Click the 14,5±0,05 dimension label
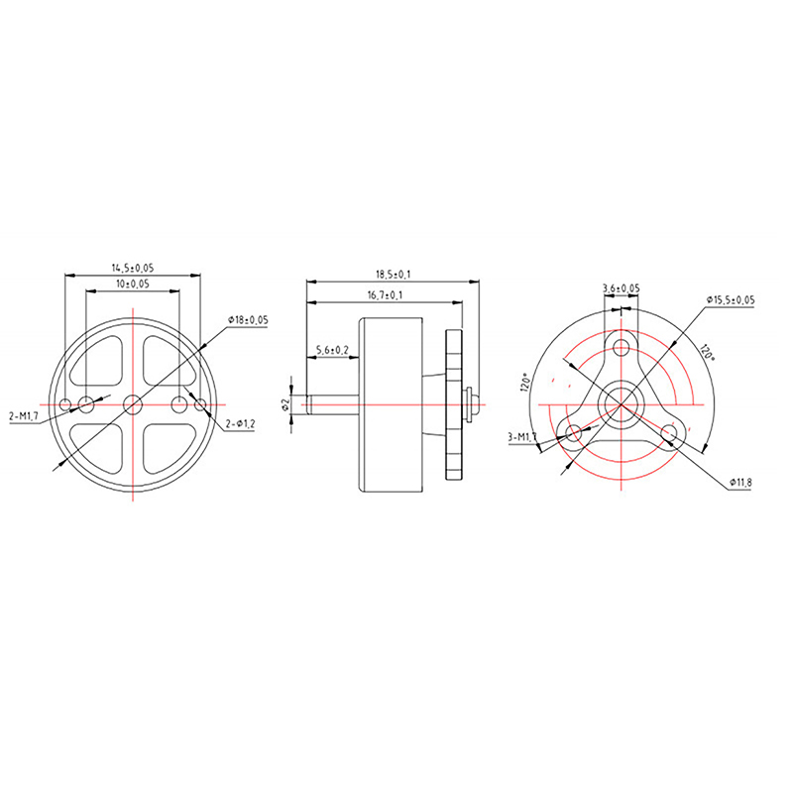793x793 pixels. point(133,268)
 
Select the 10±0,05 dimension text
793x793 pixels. point(133,283)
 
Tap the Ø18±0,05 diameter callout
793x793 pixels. point(248,319)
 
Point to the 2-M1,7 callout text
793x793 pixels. point(24,417)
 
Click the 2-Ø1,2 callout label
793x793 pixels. point(240,424)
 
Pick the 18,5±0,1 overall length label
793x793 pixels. point(393,275)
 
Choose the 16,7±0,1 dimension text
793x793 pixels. point(386,295)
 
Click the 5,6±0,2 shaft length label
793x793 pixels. point(332,350)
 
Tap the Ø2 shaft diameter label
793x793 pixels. point(285,404)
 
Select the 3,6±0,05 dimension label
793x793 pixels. point(622,288)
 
